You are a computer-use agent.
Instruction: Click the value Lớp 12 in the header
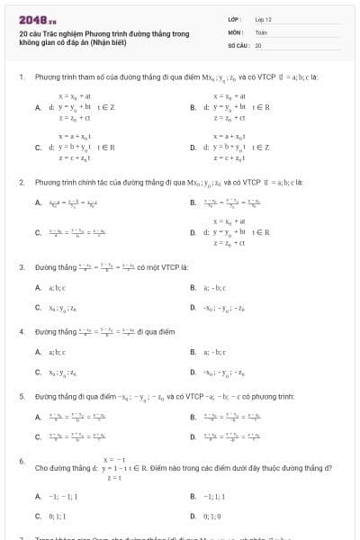click(x=263, y=19)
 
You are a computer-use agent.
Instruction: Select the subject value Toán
click(x=261, y=31)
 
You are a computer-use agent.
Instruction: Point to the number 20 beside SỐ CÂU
click(x=258, y=44)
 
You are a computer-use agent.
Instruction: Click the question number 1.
click(x=21, y=78)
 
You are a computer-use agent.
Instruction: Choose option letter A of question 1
click(x=38, y=106)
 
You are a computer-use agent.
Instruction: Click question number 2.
click(x=21, y=182)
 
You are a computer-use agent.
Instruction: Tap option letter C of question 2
click(x=38, y=233)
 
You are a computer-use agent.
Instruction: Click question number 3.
click(x=21, y=267)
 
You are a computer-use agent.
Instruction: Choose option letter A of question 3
click(x=38, y=288)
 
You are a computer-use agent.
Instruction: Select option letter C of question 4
click(x=38, y=372)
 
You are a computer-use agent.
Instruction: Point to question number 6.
click(x=21, y=461)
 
